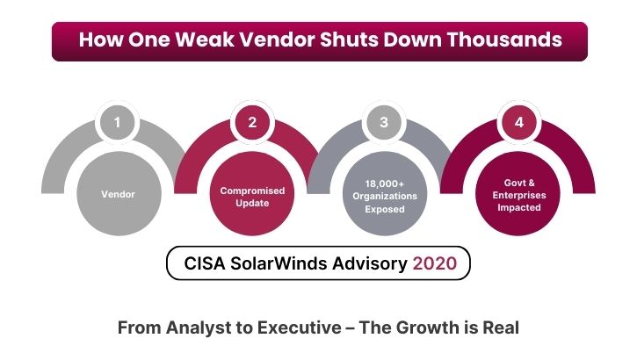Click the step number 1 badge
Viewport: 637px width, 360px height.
(x=119, y=122)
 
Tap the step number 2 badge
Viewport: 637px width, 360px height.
(x=252, y=122)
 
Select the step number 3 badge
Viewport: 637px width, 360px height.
(x=384, y=122)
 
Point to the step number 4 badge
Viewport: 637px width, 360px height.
(x=518, y=122)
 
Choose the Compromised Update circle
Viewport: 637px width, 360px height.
(x=252, y=196)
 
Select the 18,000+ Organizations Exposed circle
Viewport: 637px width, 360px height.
(x=384, y=196)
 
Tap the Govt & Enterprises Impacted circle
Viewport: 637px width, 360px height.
(x=518, y=196)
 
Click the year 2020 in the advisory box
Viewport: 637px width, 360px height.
(x=435, y=263)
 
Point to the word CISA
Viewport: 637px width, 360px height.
(x=206, y=263)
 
